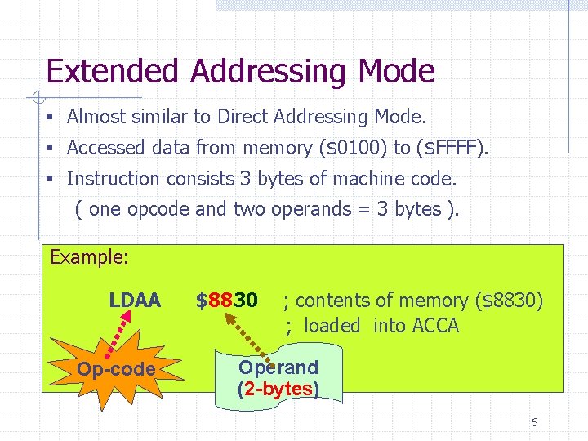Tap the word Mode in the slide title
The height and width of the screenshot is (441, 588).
point(396,72)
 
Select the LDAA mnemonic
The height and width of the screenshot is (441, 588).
point(135,301)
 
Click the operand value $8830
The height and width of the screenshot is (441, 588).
point(227,301)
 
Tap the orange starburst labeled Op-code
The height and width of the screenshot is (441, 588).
point(115,370)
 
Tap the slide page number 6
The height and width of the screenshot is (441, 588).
point(534,422)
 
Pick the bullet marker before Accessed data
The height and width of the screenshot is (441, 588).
point(50,149)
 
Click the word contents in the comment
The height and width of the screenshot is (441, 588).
point(330,301)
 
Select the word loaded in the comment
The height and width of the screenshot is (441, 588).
point(332,326)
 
